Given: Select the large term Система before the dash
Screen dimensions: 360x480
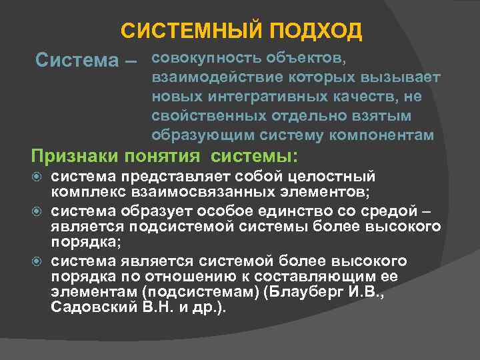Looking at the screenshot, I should coord(76,61).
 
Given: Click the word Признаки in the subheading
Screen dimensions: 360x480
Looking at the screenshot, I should coord(75,157).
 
